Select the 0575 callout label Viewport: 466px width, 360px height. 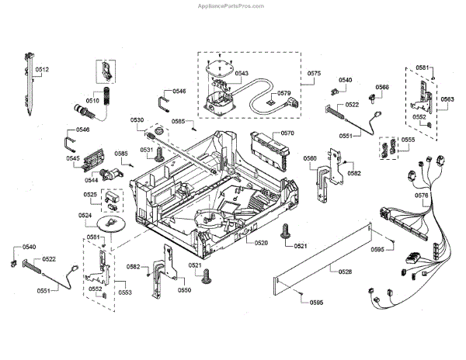click(x=315, y=74)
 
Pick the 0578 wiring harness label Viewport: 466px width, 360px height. click(x=443, y=196)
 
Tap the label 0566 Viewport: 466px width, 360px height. click(x=382, y=88)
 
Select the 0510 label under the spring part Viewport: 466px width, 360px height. click(x=92, y=100)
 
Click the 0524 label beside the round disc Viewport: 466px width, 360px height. click(x=85, y=215)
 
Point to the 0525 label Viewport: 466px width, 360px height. click(x=91, y=195)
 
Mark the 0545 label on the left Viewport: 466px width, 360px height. click(x=73, y=158)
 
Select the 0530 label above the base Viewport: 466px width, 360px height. click(x=137, y=120)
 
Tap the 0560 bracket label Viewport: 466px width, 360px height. click(x=310, y=159)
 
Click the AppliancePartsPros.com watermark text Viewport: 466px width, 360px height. click(x=410, y=6)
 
